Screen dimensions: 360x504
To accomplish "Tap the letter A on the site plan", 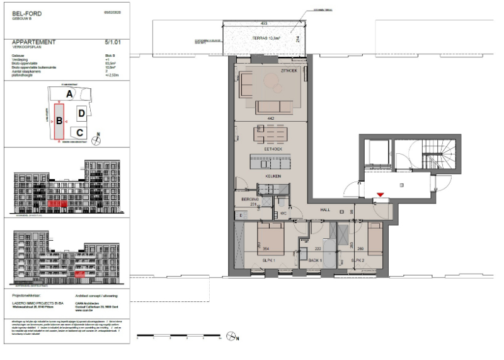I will (71, 93).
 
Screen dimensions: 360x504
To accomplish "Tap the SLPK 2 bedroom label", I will (358, 260).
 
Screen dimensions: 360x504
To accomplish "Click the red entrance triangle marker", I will (379, 196).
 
